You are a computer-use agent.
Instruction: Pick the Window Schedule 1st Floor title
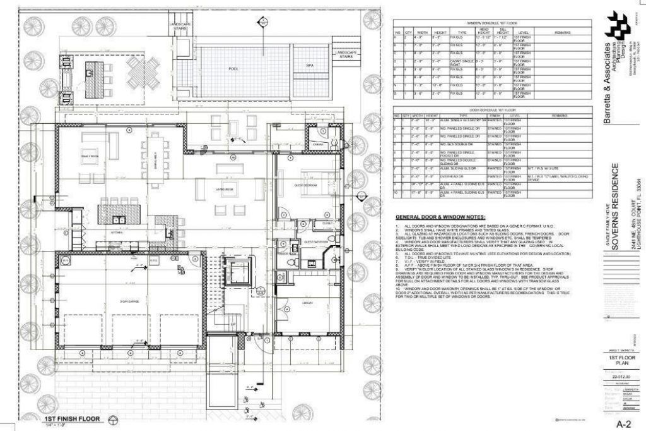tap(493, 23)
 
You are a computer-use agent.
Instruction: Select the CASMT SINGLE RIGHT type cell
tap(457, 63)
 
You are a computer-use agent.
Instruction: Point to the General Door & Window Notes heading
tap(440, 217)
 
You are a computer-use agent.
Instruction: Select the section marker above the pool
tap(259, 23)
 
